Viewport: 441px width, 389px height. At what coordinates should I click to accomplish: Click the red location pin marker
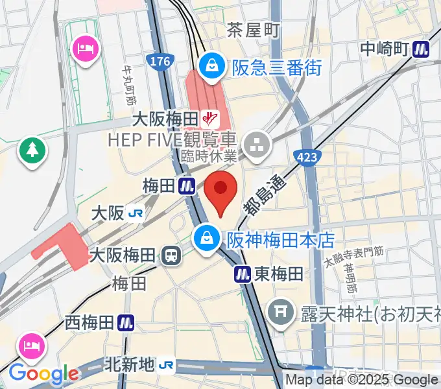pos(220,192)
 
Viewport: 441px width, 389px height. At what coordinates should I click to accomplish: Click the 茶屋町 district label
pos(253,29)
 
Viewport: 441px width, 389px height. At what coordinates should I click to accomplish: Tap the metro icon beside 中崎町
pos(423,48)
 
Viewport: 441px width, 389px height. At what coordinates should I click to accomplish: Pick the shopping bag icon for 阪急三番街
pos(211,65)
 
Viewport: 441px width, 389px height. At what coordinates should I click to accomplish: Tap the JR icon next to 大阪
pos(136,213)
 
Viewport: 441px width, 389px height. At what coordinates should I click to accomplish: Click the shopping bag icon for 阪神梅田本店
pos(206,238)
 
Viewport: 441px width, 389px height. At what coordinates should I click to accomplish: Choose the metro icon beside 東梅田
pos(243,274)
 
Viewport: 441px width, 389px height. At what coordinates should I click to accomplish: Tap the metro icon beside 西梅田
pos(126,322)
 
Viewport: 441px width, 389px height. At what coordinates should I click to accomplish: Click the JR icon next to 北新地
pos(167,366)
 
